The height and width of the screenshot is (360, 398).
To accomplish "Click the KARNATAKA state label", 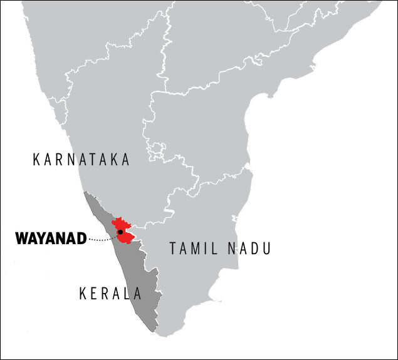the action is click(x=81, y=160).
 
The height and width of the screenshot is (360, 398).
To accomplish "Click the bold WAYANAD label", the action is click(x=50, y=239).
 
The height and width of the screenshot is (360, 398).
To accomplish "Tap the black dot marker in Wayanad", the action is click(x=120, y=232).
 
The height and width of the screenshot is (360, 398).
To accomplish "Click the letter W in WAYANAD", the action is click(x=21, y=239).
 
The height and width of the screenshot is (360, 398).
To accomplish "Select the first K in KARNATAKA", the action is click(x=36, y=160).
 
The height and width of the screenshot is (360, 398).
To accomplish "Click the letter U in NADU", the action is click(x=266, y=249).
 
